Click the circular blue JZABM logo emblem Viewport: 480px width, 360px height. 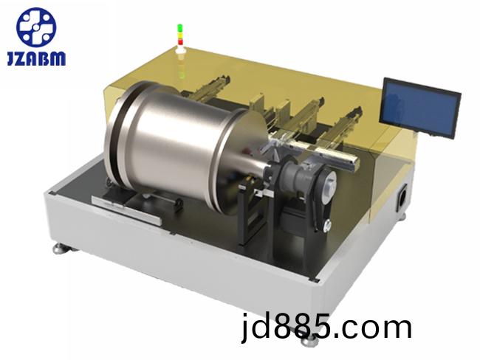click(36, 27)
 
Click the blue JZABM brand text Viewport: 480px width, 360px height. click(36, 58)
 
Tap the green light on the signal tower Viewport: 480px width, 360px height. click(180, 28)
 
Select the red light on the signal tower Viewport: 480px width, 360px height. click(180, 41)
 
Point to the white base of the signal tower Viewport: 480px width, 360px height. click(180, 49)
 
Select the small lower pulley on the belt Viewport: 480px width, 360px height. click(326, 226)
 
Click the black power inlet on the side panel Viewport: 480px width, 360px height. click(402, 198)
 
